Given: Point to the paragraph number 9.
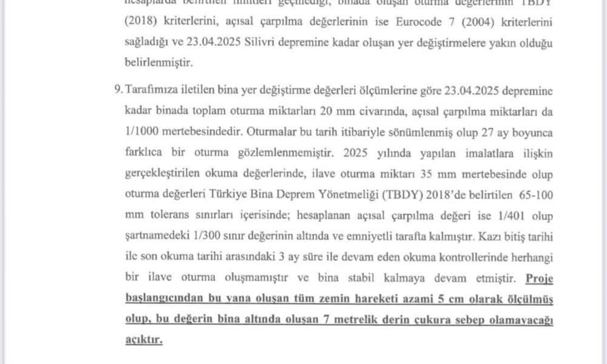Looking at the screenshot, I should pos(117,90).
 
